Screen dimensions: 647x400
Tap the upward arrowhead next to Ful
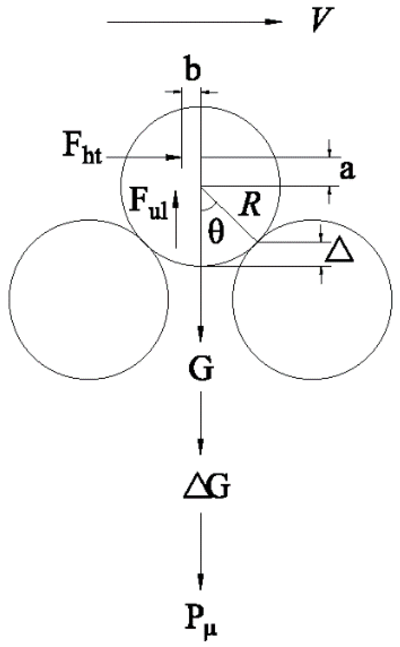[x=176, y=195]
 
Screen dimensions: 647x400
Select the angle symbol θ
[x=216, y=233]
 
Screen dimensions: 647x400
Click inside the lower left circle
[x=88, y=299]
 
